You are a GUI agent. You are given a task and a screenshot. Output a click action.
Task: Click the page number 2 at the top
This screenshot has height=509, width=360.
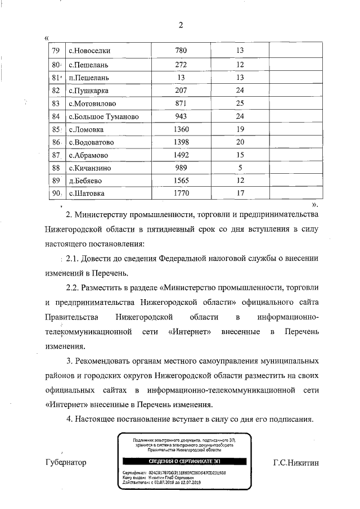[x=181, y=25]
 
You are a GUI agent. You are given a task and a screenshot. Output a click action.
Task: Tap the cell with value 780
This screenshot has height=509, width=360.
[x=181, y=51]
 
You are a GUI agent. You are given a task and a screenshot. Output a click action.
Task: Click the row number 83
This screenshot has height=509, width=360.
[x=56, y=103]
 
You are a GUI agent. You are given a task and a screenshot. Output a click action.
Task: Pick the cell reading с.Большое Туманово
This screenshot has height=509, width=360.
[x=103, y=116]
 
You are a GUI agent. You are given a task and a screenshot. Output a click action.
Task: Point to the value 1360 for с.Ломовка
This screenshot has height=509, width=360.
[x=181, y=129]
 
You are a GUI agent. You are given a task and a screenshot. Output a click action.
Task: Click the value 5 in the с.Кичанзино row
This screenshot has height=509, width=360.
[x=240, y=168]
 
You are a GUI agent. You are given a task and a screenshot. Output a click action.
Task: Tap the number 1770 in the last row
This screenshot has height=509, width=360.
[x=181, y=194]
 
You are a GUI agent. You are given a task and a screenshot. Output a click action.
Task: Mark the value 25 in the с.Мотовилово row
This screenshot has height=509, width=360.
[x=240, y=103]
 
